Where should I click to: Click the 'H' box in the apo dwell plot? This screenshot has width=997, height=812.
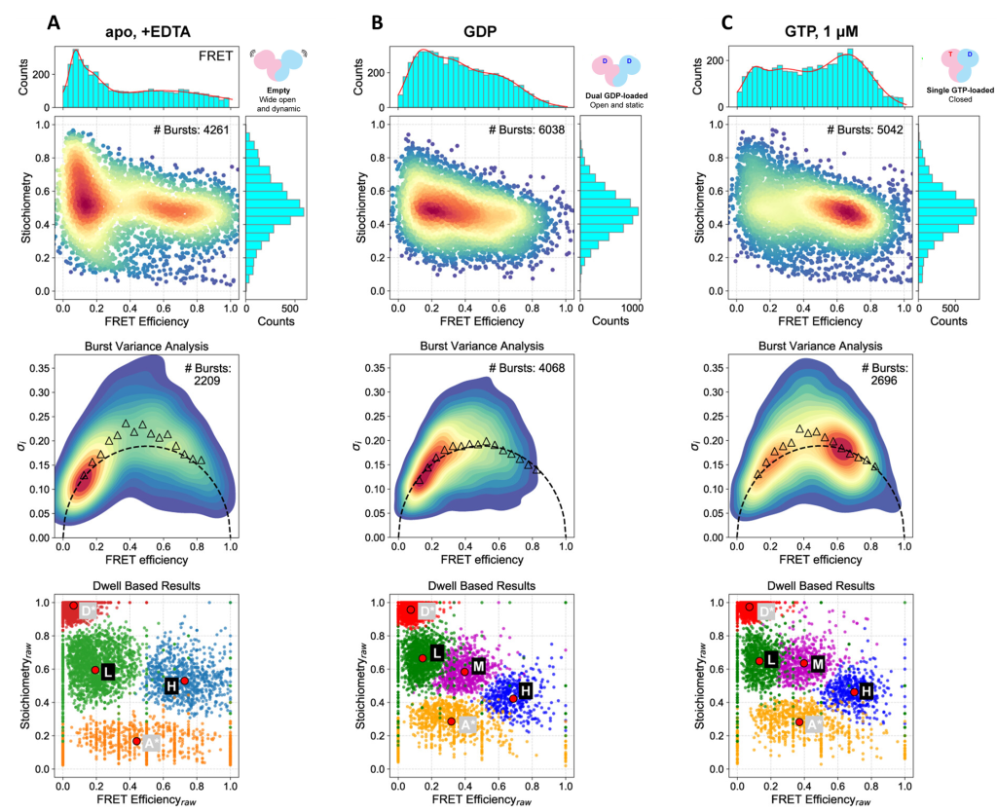(x=171, y=685)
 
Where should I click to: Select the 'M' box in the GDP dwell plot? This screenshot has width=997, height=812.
(x=478, y=666)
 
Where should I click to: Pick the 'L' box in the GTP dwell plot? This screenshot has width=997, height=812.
(x=771, y=659)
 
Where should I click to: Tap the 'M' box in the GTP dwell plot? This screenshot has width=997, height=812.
(x=818, y=663)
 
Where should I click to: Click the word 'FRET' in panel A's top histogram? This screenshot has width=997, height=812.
(x=213, y=55)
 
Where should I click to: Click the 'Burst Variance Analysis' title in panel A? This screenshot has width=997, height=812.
(x=147, y=346)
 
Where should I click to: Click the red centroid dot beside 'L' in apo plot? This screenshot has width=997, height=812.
(x=95, y=670)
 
